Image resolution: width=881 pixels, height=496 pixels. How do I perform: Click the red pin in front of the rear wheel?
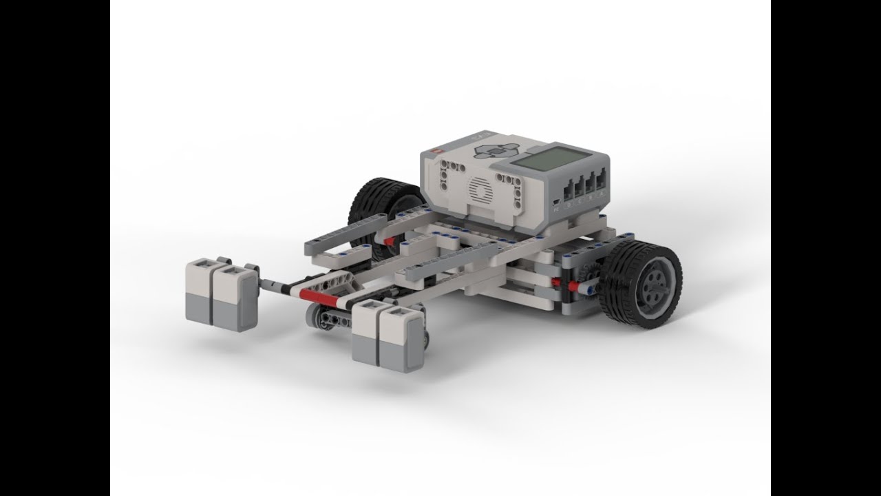point(390,240)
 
